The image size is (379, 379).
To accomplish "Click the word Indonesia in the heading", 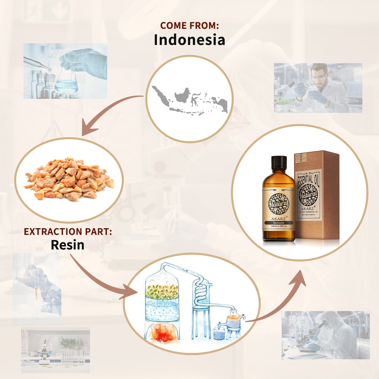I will click(189, 40).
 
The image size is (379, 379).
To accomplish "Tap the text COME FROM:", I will click(189, 26).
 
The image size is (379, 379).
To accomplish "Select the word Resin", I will click(67, 245).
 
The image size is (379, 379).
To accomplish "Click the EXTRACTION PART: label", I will click(68, 232).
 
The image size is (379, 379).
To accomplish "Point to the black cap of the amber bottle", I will click(279, 162).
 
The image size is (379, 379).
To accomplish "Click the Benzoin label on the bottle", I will click(279, 223).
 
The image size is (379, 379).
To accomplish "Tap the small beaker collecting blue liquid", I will click(219, 334).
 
